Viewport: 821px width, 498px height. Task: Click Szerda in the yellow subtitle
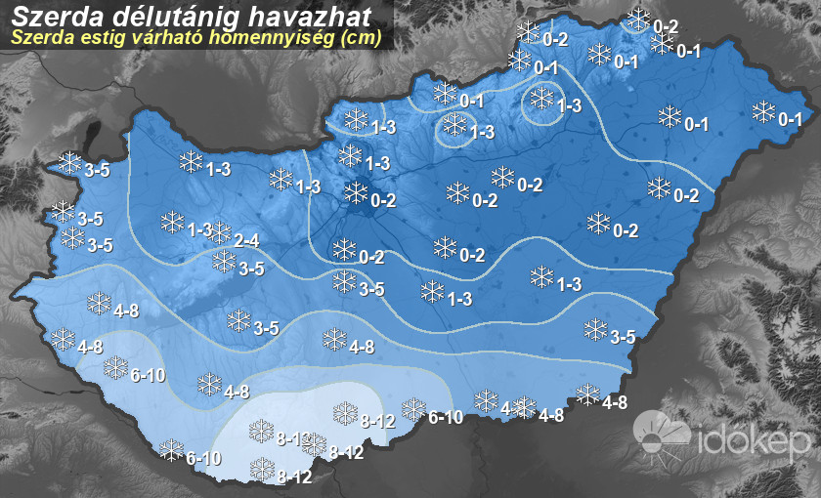(x=42, y=40)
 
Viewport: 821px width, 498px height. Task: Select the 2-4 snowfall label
(x=246, y=240)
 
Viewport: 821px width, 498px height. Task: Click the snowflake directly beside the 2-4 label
(x=221, y=232)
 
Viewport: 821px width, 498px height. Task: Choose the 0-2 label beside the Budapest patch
(x=383, y=201)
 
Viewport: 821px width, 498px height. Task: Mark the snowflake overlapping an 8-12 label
(x=314, y=444)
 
